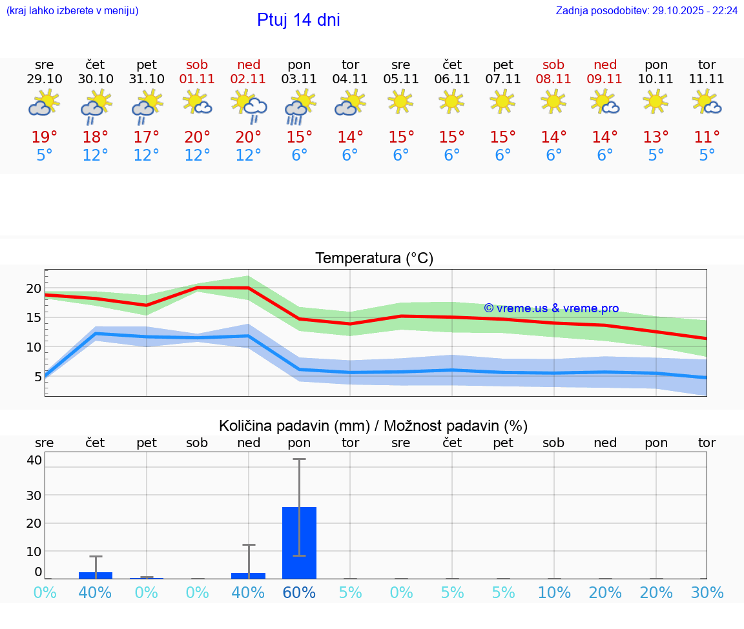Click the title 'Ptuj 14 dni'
coord(298,20)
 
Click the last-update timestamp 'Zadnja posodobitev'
coord(646,11)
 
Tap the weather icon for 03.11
coord(299,107)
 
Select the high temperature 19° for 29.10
coord(45,137)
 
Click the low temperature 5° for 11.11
coord(707,155)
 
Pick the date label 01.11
coord(198,79)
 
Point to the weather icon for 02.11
coord(249,106)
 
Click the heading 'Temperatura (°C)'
coord(374,259)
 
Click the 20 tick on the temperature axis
coord(34,288)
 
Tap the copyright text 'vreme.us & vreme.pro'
coord(552,308)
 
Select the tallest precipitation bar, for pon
coord(299,543)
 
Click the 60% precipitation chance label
coord(299,593)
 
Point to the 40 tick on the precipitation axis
coord(34,461)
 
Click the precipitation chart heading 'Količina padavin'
coord(373,426)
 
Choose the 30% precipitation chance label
coord(707,593)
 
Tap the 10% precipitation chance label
coord(554,593)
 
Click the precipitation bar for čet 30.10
coord(96,575)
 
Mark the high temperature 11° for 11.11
coord(707,137)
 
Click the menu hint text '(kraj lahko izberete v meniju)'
coord(72,11)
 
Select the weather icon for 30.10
coord(96,106)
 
